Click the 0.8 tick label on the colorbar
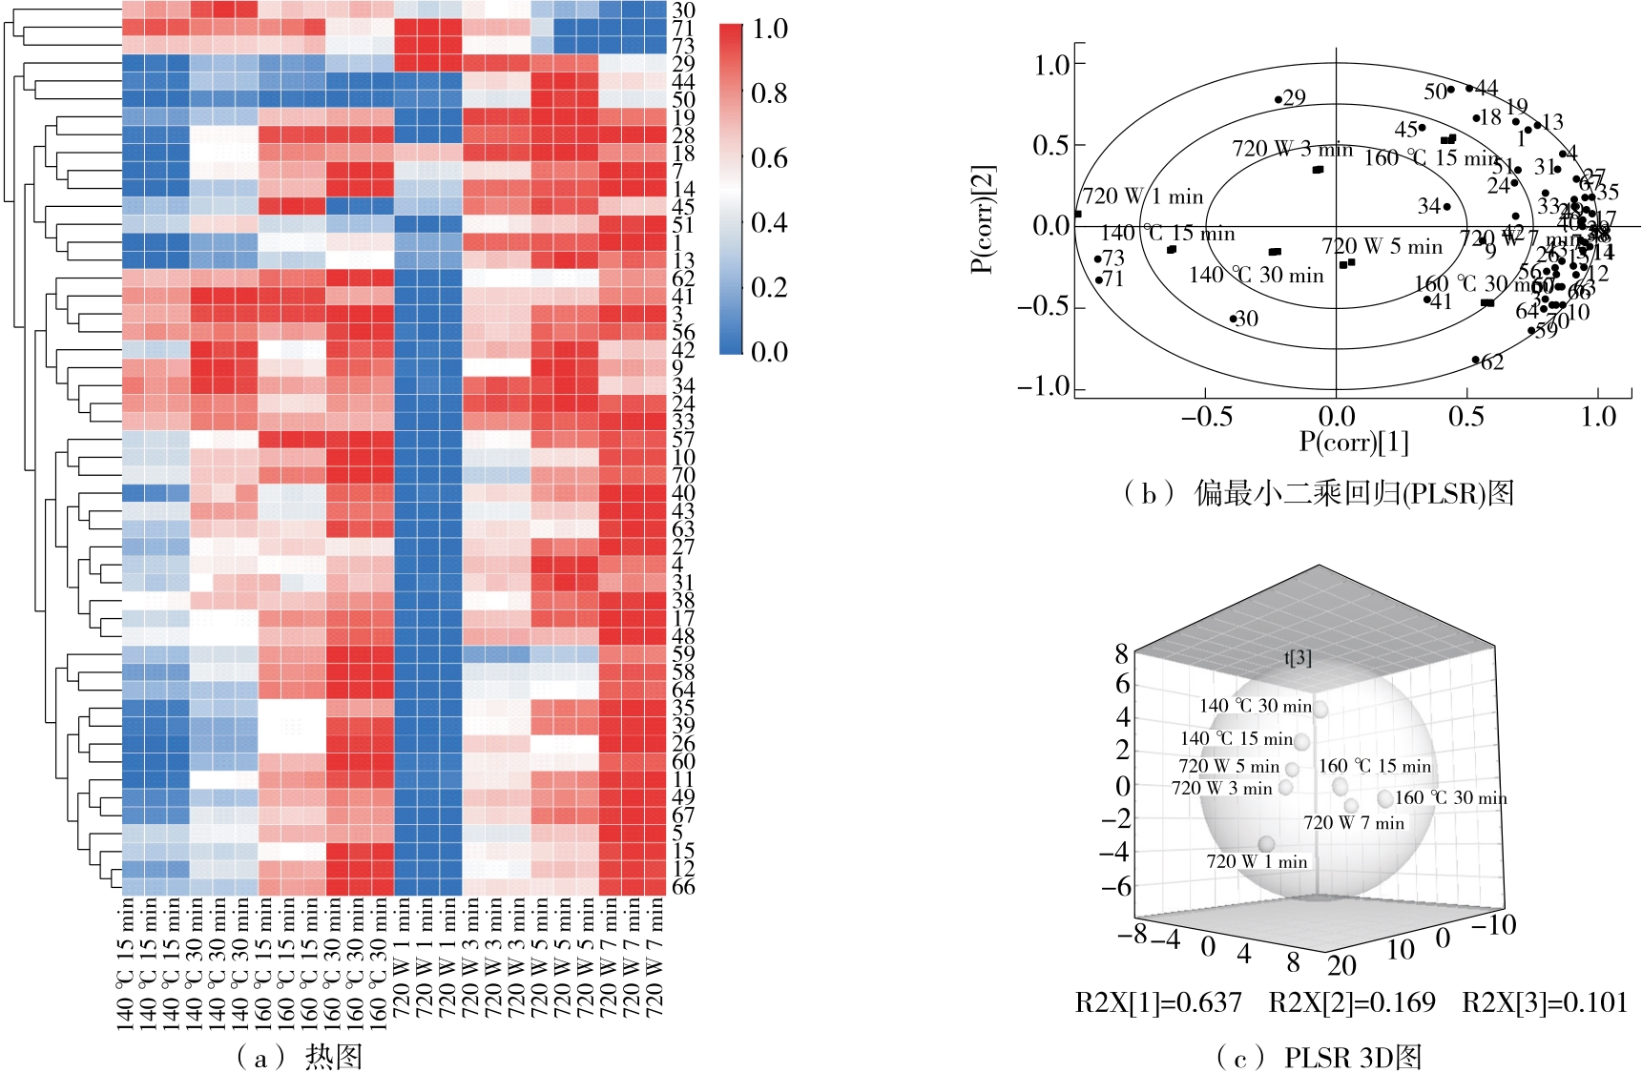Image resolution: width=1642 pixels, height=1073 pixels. click(769, 93)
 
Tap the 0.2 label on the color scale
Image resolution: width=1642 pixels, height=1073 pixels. click(769, 287)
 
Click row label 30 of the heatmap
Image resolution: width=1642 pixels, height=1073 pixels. click(683, 10)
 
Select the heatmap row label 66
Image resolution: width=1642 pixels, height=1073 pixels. click(683, 886)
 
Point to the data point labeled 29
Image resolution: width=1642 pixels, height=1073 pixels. click(1278, 99)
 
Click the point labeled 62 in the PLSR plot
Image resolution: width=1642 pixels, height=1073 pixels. click(1475, 360)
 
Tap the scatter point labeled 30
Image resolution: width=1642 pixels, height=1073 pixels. click(1233, 320)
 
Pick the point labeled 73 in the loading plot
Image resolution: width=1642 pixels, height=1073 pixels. click(1097, 258)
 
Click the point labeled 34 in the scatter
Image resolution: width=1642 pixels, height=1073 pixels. click(1446, 207)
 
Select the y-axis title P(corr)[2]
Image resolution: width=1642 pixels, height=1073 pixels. click(983, 218)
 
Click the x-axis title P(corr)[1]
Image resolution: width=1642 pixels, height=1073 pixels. click(1353, 442)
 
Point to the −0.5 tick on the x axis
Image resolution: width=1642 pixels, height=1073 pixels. click(1207, 417)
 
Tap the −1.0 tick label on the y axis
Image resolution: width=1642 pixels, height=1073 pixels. click(1044, 386)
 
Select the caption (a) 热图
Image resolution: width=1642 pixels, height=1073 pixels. click(299, 1056)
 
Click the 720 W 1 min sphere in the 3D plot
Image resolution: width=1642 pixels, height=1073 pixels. click(1266, 844)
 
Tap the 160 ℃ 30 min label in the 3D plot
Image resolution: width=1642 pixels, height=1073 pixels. click(1451, 797)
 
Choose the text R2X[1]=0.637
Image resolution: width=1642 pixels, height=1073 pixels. click(1158, 1002)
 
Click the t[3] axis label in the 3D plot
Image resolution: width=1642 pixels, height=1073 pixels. click(1298, 657)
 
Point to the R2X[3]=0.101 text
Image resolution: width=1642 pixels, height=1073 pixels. click(1545, 1002)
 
